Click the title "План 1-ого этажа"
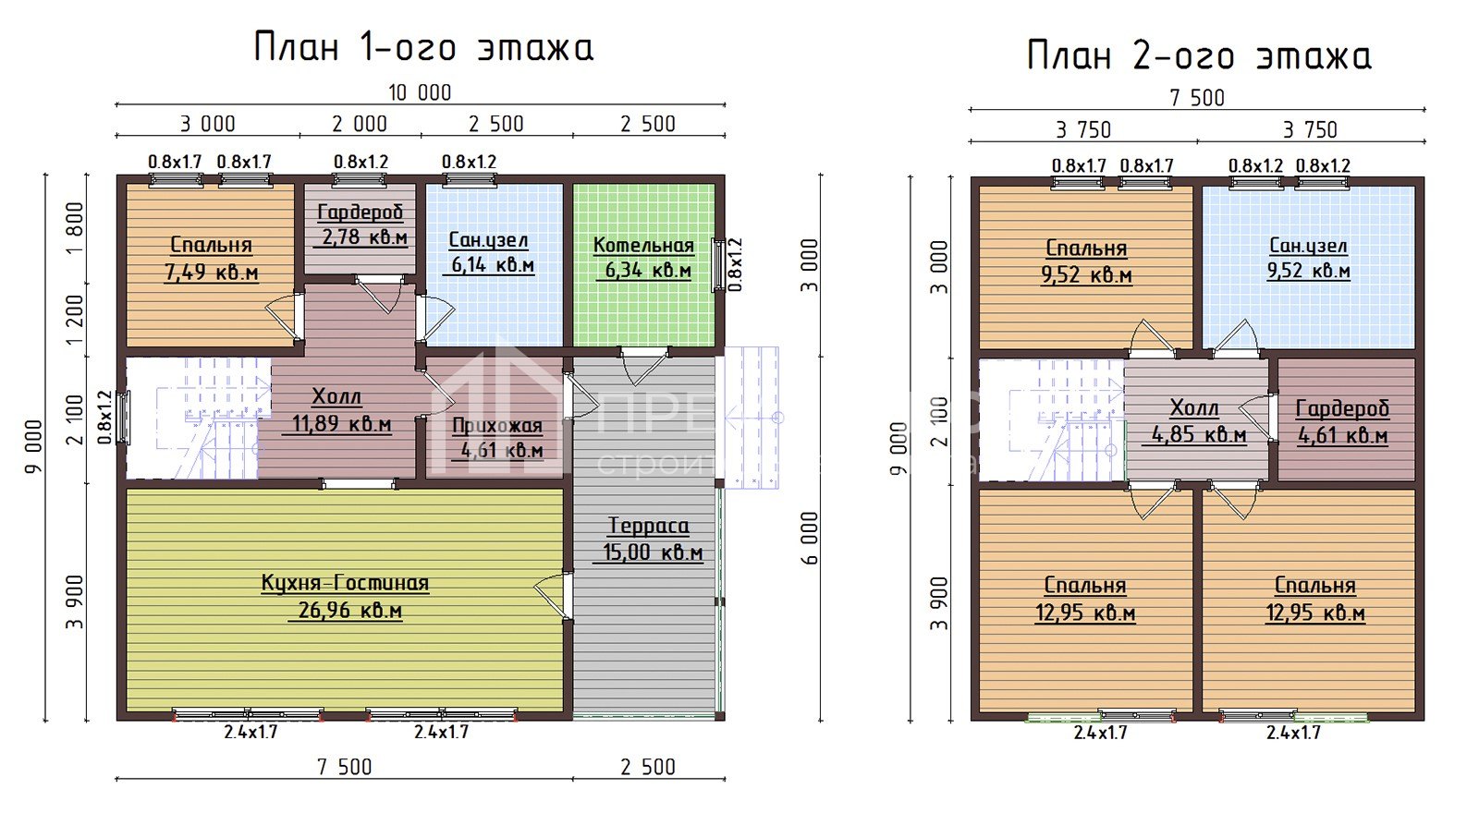click(x=423, y=48)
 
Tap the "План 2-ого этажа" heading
click(x=1198, y=56)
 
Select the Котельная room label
click(x=643, y=246)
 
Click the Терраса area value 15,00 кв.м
click(x=653, y=552)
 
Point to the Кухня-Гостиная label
click(x=345, y=583)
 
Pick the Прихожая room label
click(x=497, y=426)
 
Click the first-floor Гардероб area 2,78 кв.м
click(x=364, y=237)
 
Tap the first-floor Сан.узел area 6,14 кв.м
click(x=493, y=266)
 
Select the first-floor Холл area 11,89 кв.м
click(x=341, y=425)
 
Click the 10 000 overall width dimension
click(x=420, y=92)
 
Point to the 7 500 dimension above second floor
click(x=1197, y=98)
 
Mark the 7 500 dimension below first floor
click(x=344, y=767)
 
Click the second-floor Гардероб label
click(x=1342, y=408)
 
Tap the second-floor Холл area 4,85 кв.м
click(x=1199, y=434)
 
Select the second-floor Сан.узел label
click(x=1308, y=246)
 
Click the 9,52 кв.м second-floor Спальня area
click(x=1086, y=275)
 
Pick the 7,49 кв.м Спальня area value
click(x=211, y=273)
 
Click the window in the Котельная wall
click(x=718, y=265)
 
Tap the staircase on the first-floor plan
click(x=199, y=418)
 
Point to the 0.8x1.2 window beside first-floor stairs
click(x=124, y=418)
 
